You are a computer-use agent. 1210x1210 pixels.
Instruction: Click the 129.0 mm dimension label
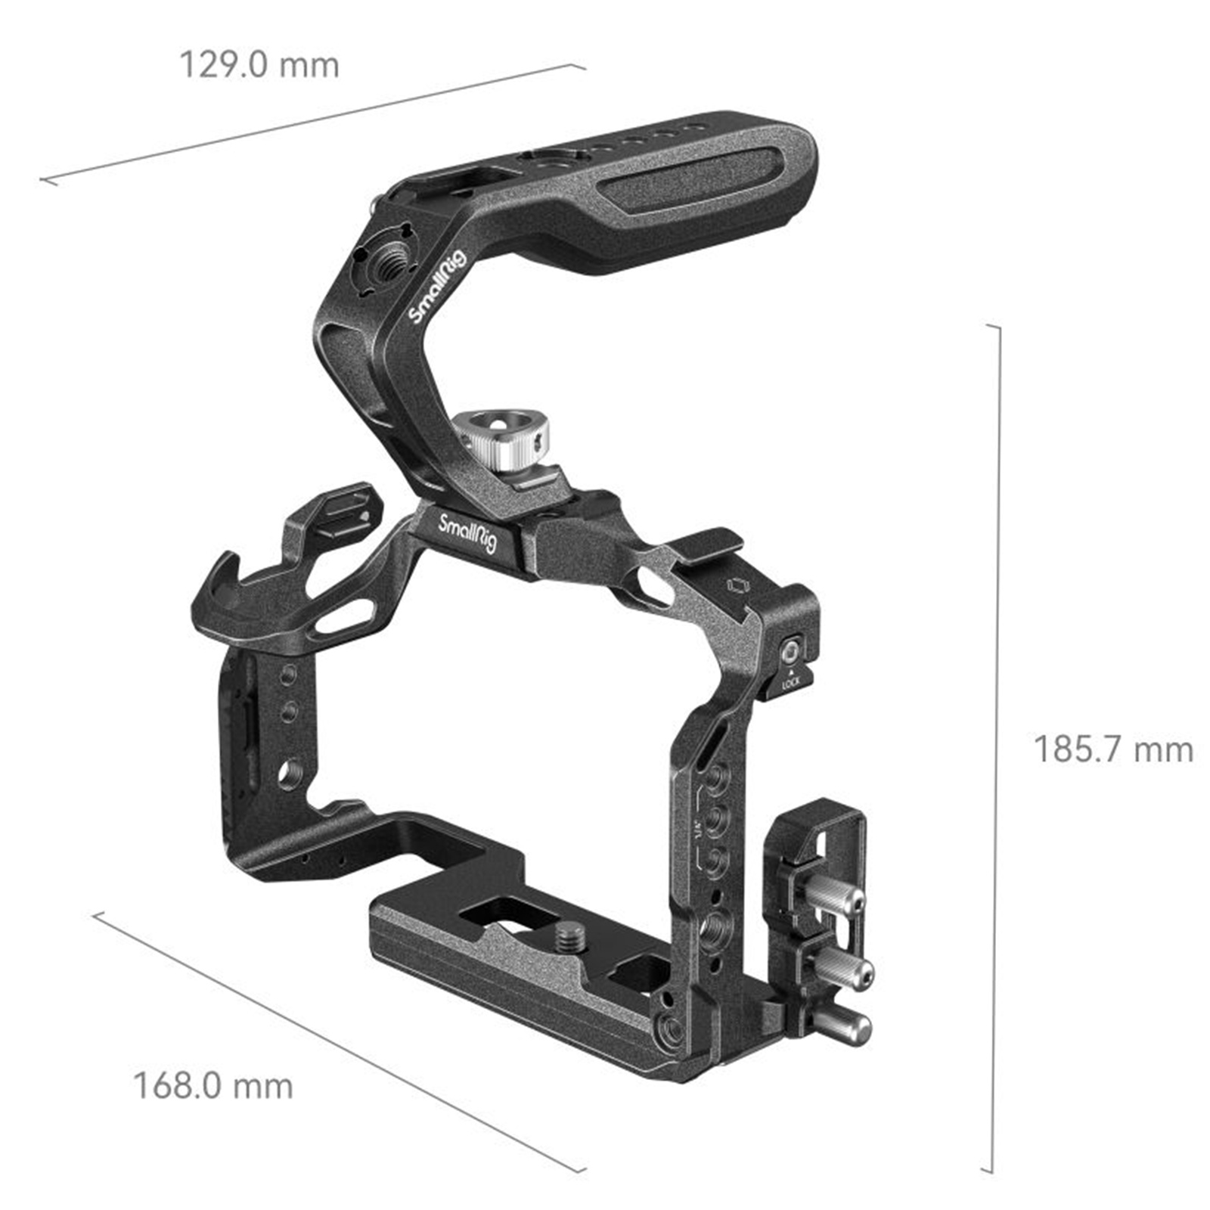coord(259,65)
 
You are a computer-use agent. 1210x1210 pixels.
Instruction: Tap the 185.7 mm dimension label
coord(1113,749)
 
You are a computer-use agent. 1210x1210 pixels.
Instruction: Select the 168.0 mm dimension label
coord(213,1086)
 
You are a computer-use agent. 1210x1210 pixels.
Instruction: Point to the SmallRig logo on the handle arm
coord(439,289)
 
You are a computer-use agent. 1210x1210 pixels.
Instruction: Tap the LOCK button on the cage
coord(791,650)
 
